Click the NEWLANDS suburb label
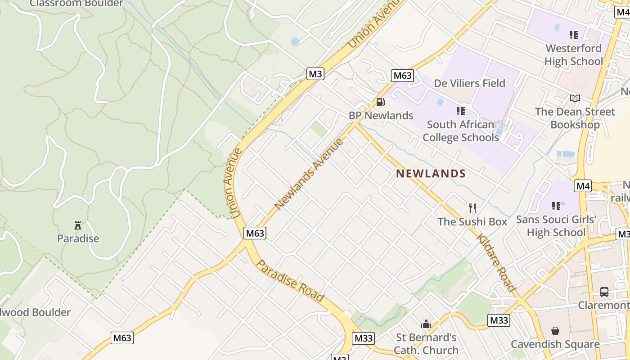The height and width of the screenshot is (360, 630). tap(431, 174)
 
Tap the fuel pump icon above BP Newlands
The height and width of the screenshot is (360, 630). tap(381, 103)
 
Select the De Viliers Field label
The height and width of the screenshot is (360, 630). tap(469, 83)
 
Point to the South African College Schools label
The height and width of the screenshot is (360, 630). tap(461, 131)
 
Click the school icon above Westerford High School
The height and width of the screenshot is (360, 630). tap(573, 35)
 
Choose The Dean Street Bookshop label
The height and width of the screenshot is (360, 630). tap(575, 118)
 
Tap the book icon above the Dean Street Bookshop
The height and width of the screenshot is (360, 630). tap(575, 98)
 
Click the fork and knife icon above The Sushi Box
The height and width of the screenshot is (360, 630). tap(472, 208)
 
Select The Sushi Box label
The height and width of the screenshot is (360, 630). tap(472, 221)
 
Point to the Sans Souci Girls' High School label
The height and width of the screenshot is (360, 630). tap(556, 226)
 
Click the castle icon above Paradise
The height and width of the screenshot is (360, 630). tap(78, 225)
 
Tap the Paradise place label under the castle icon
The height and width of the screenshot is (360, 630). tap(78, 238)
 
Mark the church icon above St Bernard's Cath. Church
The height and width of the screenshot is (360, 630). tap(426, 324)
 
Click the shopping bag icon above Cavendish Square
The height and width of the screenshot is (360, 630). tap(555, 331)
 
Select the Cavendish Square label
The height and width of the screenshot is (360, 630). tap(555, 344)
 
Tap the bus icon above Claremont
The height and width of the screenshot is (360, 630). tap(604, 292)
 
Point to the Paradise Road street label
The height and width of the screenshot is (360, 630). tap(290, 281)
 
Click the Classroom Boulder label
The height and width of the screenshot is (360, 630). tap(76, 4)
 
